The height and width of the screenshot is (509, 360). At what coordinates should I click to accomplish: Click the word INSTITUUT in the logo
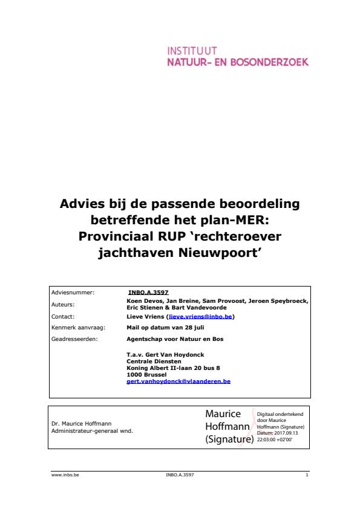point(192,51)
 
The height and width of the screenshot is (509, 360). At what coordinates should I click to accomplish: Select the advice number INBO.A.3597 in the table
point(148,292)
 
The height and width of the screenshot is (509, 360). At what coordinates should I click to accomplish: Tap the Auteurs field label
point(63,305)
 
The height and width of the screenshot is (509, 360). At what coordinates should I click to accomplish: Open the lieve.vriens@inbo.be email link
point(201,316)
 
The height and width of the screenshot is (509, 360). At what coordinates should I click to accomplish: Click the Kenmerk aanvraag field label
point(79,327)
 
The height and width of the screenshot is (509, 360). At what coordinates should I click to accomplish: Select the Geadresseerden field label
point(75,339)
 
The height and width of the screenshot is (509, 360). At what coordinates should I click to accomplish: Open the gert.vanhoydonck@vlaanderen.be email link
point(178,381)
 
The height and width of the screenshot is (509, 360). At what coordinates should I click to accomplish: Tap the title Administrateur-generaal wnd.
point(92,430)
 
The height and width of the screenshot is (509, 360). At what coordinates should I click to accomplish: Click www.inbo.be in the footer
point(65,475)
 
